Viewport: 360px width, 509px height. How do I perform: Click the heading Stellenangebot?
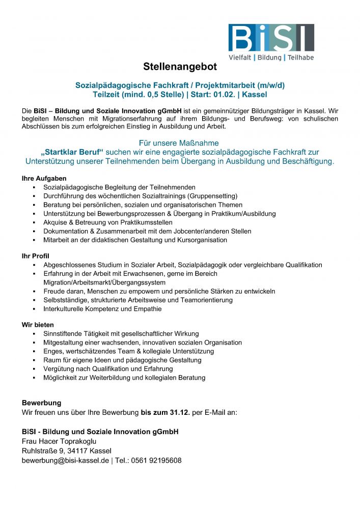click(x=180, y=67)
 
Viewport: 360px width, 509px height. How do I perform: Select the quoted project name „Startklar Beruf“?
click(x=72, y=152)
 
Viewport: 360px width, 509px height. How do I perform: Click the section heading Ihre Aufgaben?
click(x=44, y=179)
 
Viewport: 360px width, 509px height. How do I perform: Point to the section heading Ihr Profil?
click(x=35, y=256)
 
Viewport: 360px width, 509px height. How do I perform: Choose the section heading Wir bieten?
click(x=37, y=325)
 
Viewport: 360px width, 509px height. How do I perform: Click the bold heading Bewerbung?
click(x=41, y=403)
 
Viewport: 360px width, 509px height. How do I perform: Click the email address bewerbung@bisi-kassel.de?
click(x=65, y=460)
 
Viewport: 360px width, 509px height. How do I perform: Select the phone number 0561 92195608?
click(x=156, y=460)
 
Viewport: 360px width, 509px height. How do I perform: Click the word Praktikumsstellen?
click(x=142, y=222)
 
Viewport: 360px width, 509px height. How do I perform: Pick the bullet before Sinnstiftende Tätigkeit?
click(x=34, y=334)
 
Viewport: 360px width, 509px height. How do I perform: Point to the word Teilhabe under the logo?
click(x=300, y=58)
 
